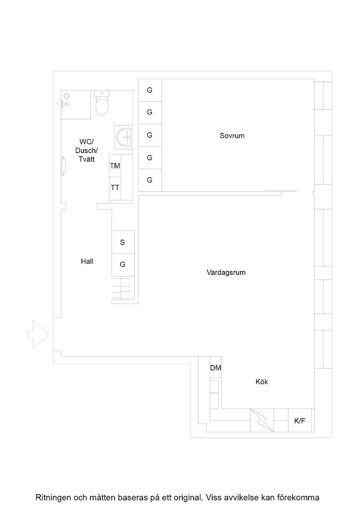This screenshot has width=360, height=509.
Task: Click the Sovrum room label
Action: tap(232, 136)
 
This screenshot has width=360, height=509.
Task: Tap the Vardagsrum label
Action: tap(226, 272)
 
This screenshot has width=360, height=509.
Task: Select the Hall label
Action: tap(87, 261)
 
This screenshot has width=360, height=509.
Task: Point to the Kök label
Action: tap(262, 382)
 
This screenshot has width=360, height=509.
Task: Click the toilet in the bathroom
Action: tap(102, 103)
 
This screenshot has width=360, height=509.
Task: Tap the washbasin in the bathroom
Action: tap(124, 137)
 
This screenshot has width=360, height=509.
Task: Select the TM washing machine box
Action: tap(115, 166)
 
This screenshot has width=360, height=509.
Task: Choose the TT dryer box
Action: tap(115, 188)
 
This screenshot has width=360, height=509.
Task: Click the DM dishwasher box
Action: tap(215, 367)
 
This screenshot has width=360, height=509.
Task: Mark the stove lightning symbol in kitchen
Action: tap(262, 420)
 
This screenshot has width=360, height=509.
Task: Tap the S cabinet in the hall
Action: tap(123, 242)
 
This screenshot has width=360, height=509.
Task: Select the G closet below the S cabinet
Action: tap(123, 265)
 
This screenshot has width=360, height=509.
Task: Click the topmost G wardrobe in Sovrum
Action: tap(150, 90)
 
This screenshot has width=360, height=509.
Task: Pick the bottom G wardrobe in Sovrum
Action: tap(150, 180)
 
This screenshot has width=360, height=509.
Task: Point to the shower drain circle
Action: tap(66, 96)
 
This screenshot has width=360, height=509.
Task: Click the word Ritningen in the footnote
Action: tap(53, 497)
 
